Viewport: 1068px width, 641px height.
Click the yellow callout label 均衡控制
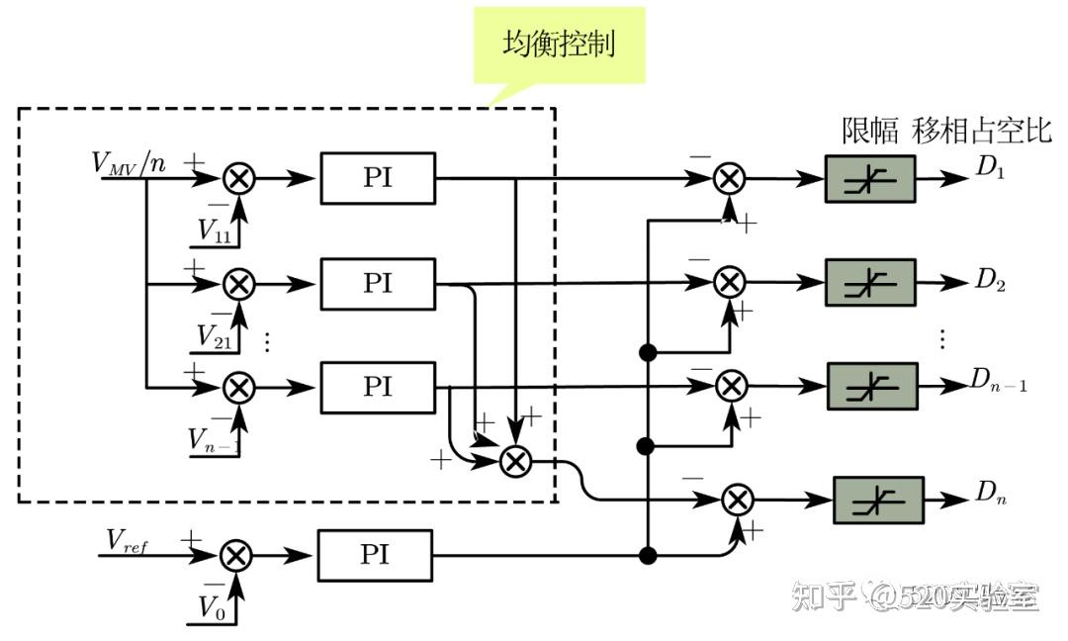coord(559,45)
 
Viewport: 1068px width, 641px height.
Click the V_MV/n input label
coord(129,163)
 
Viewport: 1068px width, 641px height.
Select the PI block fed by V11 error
coord(377,179)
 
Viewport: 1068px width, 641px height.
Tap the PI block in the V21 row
coord(377,284)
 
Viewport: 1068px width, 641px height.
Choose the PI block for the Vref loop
coord(375,555)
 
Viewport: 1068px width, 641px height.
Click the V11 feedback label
coord(215,231)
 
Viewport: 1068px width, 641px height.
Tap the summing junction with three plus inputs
coord(514,461)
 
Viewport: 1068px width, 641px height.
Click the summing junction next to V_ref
coord(235,555)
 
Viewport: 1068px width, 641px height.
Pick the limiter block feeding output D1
coord(869,179)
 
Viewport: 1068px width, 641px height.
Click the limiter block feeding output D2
coord(869,283)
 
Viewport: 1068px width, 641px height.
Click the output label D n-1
coord(997,379)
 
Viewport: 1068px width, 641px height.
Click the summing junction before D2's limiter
coord(730,283)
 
